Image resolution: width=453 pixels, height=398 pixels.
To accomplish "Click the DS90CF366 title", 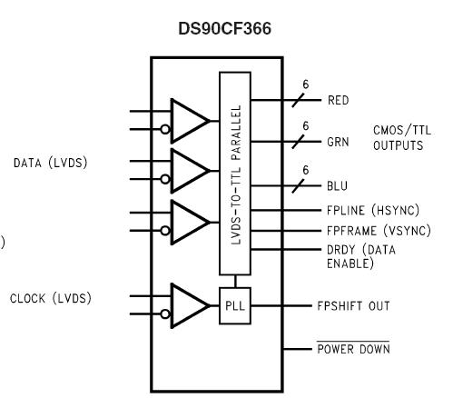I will [x=226, y=30].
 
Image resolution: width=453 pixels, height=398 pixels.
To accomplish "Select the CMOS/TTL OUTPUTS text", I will [x=397, y=137].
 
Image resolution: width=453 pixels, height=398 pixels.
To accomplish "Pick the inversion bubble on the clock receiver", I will [x=164, y=316].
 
